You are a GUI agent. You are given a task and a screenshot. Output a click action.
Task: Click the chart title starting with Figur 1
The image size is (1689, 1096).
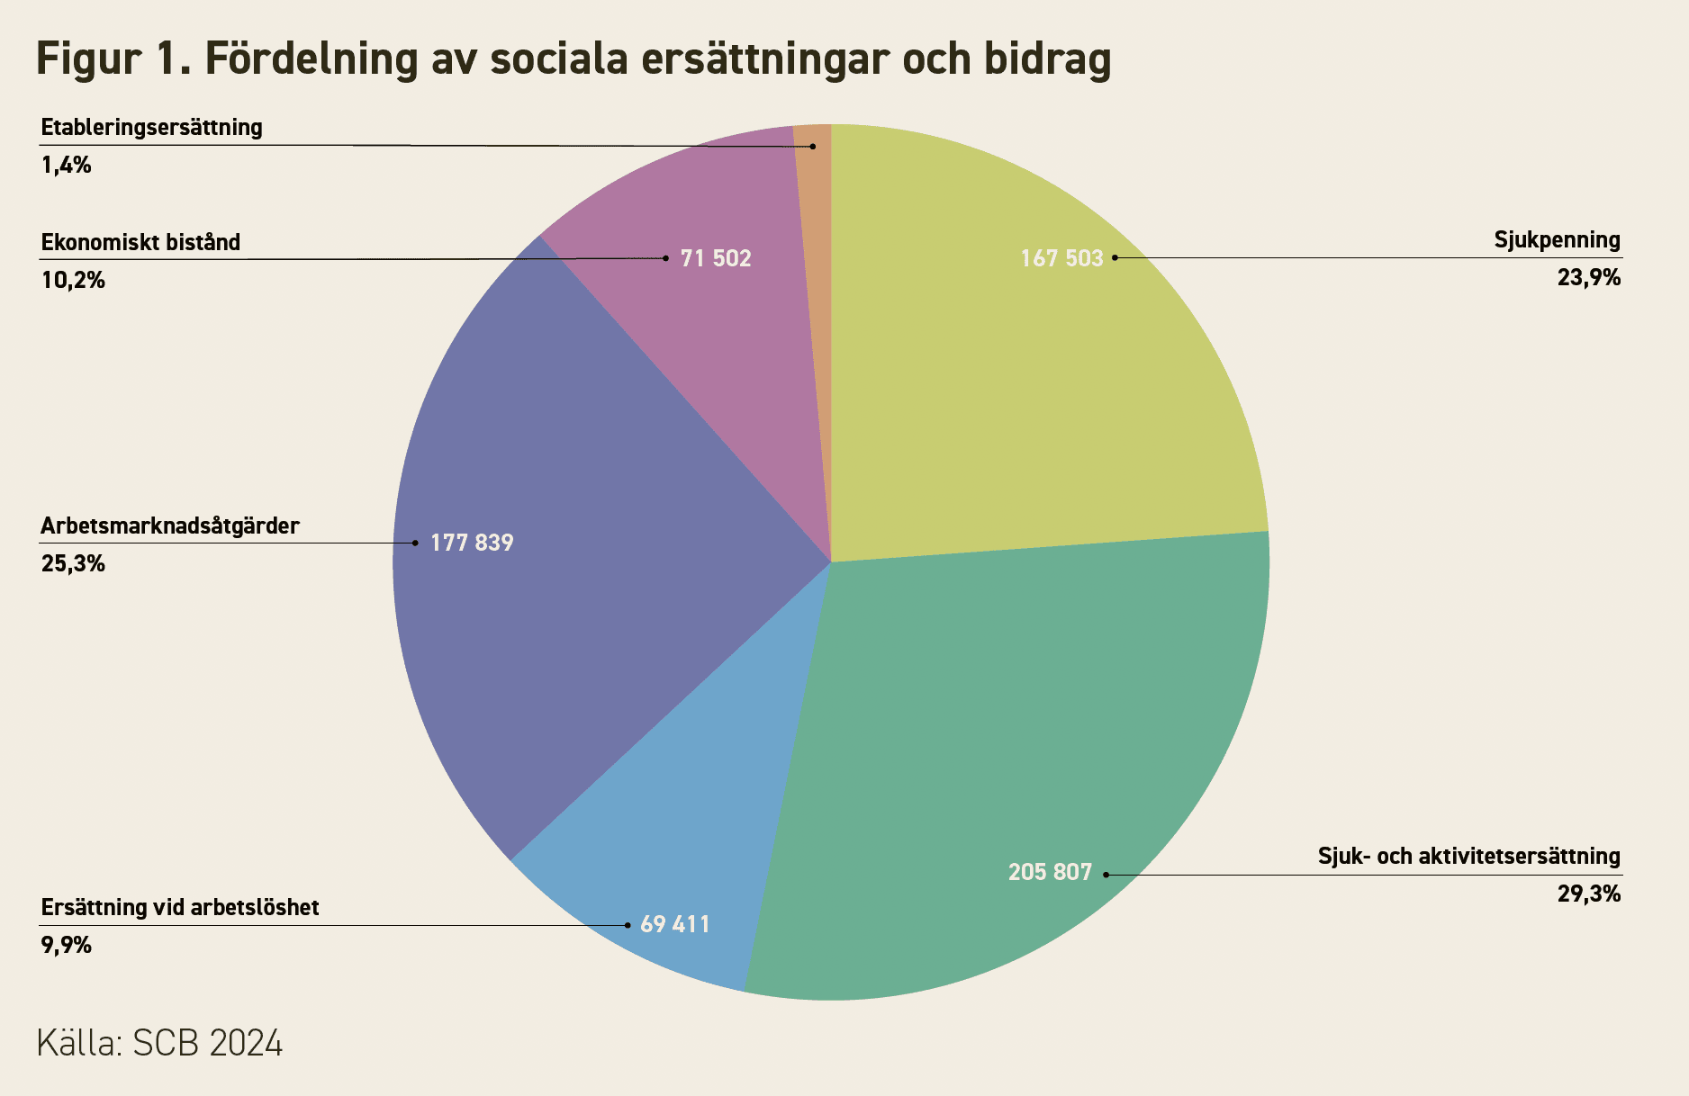pos(574,59)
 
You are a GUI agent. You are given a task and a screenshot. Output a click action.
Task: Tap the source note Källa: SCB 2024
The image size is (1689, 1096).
pos(159,1044)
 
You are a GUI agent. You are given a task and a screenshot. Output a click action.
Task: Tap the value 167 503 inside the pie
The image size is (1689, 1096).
pos(1061,258)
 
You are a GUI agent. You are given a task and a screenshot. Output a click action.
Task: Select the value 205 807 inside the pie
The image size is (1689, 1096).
pos(1050,872)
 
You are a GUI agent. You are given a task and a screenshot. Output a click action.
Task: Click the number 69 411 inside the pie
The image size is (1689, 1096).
pos(675,924)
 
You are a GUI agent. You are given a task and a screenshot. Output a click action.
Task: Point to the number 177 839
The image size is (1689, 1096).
pos(472,543)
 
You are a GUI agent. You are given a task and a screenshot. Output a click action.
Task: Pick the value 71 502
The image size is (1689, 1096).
pos(716,258)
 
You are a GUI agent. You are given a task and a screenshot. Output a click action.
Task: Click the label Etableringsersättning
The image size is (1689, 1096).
pos(152,128)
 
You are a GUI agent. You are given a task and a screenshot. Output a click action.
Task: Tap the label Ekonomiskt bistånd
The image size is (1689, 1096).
pos(141,242)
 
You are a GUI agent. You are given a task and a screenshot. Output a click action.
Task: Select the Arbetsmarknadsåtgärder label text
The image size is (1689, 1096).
pos(170,526)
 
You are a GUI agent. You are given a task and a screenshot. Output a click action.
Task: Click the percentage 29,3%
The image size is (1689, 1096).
pos(1589,894)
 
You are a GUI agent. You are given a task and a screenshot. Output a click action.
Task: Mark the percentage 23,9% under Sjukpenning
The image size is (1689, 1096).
pos(1589,277)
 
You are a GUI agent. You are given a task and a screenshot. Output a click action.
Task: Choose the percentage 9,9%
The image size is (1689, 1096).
pos(67,946)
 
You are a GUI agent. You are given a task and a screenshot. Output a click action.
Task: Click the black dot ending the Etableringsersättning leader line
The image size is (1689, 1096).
pos(813,146)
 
